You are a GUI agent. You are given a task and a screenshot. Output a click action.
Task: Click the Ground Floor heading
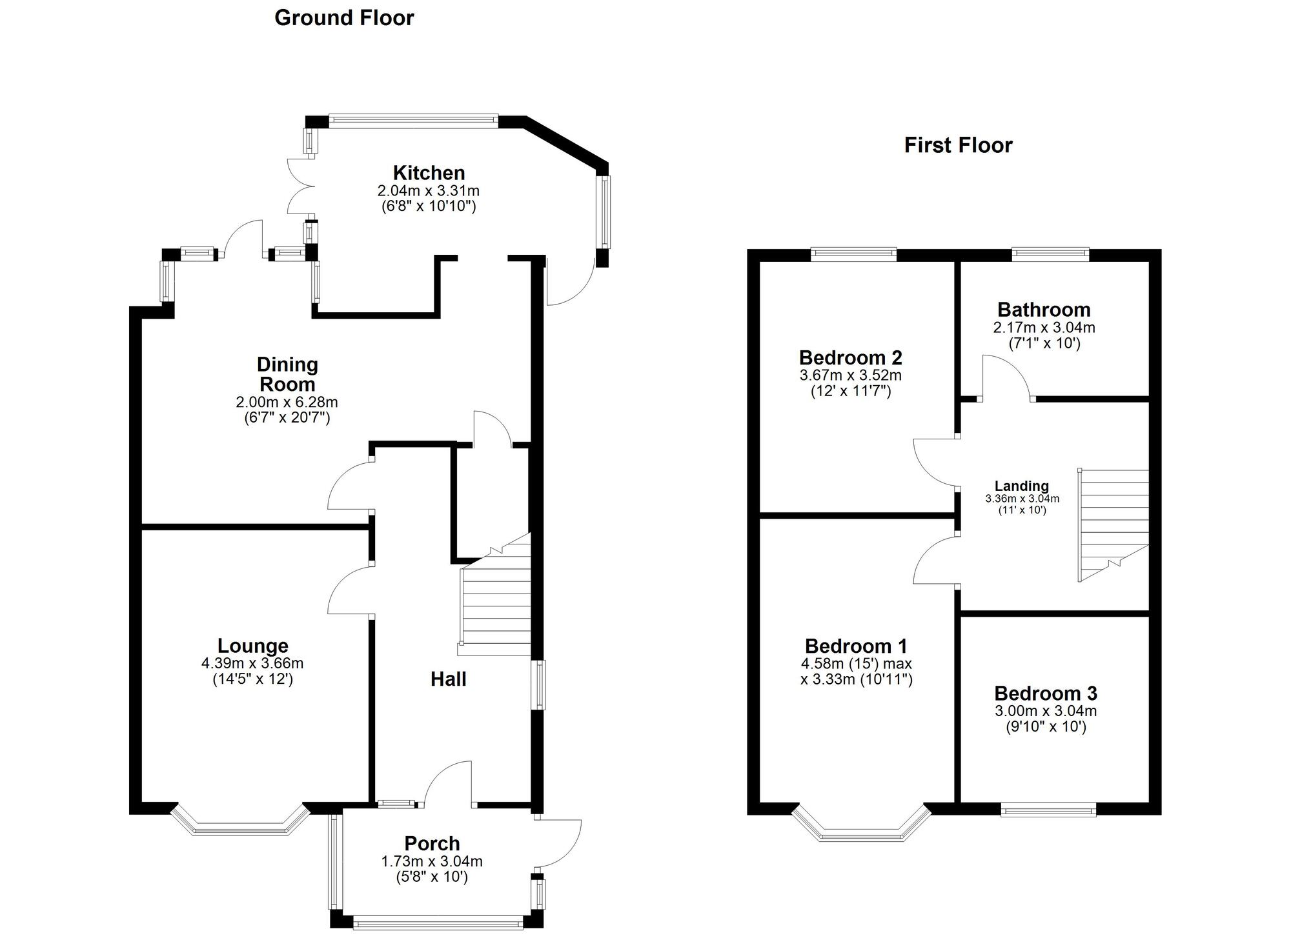pos(344,18)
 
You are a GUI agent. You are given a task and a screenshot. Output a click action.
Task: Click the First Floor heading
pos(958,145)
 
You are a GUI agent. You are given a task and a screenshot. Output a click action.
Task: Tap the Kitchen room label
pos(429,173)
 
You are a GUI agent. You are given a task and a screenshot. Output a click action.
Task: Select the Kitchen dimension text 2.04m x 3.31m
pos(429,191)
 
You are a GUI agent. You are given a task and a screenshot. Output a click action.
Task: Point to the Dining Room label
pos(287,374)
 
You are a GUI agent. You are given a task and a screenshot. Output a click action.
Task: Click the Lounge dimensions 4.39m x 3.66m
pos(252,663)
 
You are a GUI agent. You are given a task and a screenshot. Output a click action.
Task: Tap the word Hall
pos(448,679)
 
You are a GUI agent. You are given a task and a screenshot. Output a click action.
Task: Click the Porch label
pos(432,843)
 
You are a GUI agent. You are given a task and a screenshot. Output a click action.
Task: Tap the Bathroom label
pos(1044,310)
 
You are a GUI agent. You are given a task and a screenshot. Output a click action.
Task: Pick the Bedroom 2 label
pos(850,357)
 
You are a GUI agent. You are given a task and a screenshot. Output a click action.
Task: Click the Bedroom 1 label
pos(856,646)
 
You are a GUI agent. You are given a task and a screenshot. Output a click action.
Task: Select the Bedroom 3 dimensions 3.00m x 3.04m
pos(1046,711)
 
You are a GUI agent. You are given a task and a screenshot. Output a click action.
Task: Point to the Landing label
pos(1021,486)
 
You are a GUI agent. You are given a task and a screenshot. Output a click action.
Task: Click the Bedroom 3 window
pos(1048,810)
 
